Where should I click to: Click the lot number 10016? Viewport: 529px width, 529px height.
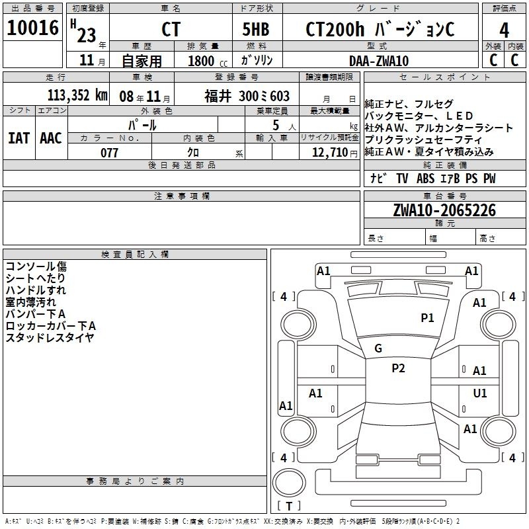click(x=32, y=28)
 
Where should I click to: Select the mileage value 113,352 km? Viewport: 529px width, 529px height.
click(x=77, y=95)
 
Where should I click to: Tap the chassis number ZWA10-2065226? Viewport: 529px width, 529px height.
click(x=444, y=210)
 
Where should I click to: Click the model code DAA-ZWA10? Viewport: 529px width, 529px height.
click(x=379, y=61)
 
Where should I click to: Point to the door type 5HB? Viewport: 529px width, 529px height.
click(x=256, y=29)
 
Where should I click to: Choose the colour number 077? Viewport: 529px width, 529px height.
click(x=109, y=153)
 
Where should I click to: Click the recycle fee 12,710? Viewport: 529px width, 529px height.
click(x=329, y=152)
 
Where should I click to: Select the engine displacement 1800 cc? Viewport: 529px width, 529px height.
click(x=208, y=61)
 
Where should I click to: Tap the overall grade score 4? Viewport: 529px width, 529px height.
click(x=504, y=30)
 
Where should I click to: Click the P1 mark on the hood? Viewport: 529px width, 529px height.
click(x=427, y=317)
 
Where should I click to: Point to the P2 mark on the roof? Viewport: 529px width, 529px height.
click(x=398, y=368)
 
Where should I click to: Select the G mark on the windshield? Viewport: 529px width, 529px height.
click(x=378, y=348)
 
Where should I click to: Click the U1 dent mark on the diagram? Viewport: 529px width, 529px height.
click(x=480, y=393)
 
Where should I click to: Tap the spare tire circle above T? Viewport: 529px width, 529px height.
click(x=289, y=483)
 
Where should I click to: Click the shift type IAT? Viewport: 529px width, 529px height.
click(x=19, y=138)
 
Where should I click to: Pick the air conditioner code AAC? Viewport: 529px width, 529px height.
click(x=51, y=138)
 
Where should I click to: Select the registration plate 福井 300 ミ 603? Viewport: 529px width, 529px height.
click(x=247, y=96)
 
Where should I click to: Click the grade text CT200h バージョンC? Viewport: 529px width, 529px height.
click(x=380, y=29)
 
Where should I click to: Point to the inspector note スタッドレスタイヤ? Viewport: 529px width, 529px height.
click(x=50, y=338)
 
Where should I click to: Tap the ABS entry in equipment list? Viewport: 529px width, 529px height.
click(x=425, y=178)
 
